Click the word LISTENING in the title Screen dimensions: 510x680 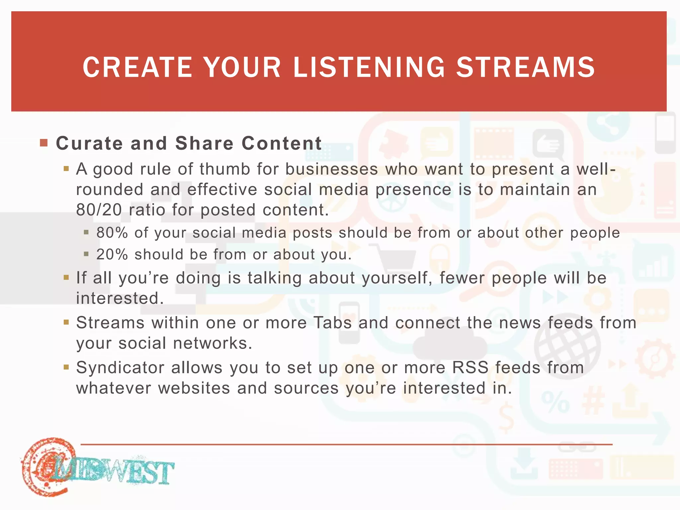click(x=369, y=67)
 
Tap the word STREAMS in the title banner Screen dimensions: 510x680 click(x=526, y=67)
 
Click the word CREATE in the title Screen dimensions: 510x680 click(x=137, y=67)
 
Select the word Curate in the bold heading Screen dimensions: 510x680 click(x=89, y=143)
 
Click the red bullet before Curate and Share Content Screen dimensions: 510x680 click(x=43, y=143)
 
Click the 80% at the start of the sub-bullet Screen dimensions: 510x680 click(x=112, y=233)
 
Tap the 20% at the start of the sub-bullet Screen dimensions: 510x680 click(x=112, y=255)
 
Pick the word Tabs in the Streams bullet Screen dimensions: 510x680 click(x=332, y=323)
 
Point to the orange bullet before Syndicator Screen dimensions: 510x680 click(x=66, y=367)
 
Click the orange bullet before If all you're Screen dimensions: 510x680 click(x=66, y=277)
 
